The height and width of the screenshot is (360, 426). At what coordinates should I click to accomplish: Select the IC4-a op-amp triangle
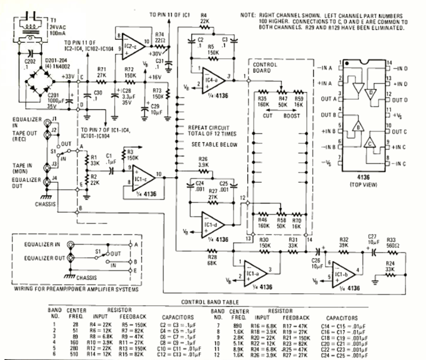coord(212,78)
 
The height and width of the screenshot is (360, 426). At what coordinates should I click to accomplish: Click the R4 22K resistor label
coord(204,22)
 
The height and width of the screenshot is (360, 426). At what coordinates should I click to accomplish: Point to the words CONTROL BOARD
coord(264,67)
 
